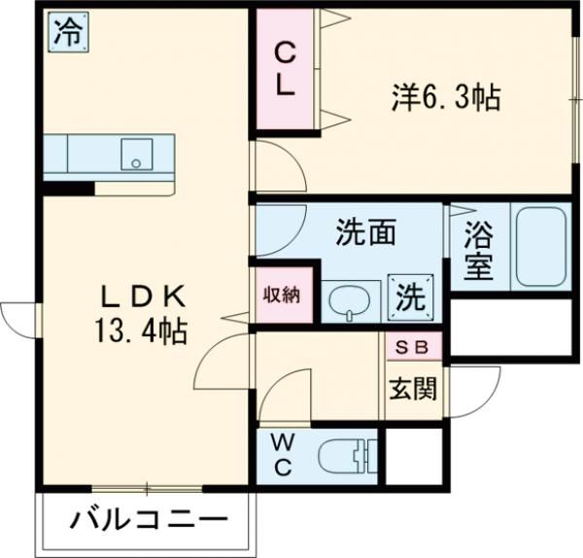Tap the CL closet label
click(x=285, y=68)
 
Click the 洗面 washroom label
click(x=365, y=233)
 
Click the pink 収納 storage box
click(x=283, y=295)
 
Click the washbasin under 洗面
click(x=347, y=302)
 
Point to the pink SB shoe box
click(x=414, y=346)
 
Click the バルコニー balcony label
click(x=148, y=519)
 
